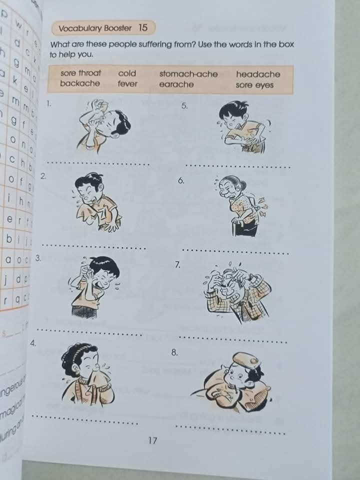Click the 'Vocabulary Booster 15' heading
coord(103,28)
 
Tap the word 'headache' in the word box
coord(258,74)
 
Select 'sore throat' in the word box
coord(80,73)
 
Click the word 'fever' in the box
coord(127,83)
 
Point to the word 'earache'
coord(176,84)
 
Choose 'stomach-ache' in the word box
coord(188,74)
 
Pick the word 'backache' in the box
coord(80,83)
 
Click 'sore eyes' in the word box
coord(254,85)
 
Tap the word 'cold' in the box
coord(127,73)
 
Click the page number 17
coord(152,440)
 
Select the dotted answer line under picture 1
coord(97,163)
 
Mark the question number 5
coord(184,105)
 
